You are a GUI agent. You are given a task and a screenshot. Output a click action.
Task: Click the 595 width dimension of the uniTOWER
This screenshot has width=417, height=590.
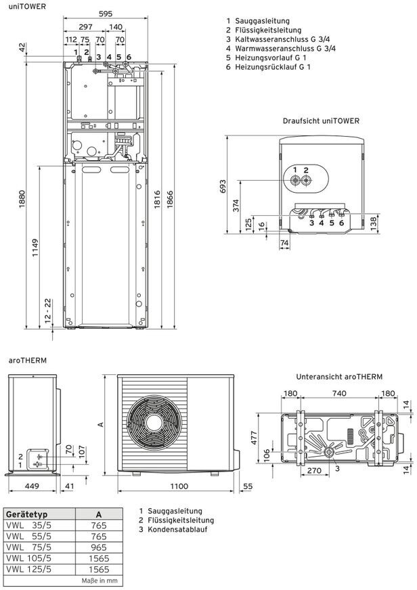click(106, 14)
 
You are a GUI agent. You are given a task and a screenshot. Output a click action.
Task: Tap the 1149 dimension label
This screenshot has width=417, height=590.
click(35, 248)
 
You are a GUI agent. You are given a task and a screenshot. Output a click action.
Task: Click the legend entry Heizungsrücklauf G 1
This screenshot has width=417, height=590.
click(268, 67)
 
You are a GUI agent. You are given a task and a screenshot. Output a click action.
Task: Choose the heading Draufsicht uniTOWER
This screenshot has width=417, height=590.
click(321, 121)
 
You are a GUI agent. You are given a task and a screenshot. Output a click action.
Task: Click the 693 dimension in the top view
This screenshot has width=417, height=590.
click(223, 187)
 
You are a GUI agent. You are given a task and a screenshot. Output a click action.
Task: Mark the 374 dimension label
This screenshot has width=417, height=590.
click(236, 206)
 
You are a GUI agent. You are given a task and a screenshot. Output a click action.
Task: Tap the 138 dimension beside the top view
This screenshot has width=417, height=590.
click(374, 223)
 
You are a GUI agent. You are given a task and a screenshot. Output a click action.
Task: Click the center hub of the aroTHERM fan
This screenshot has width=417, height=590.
click(154, 421)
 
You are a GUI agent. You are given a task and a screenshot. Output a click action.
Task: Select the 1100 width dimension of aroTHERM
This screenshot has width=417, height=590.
click(179, 486)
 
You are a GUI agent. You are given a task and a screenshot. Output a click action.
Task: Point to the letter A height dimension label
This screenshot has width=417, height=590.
click(100, 425)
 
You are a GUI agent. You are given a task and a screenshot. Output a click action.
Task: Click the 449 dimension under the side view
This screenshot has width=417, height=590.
click(32, 486)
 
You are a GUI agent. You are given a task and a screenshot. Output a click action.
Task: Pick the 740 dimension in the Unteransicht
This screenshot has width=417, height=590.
click(339, 393)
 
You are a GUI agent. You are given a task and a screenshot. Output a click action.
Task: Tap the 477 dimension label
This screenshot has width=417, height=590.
click(254, 438)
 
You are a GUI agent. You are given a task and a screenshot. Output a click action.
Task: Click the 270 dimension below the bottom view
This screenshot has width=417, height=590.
click(314, 470)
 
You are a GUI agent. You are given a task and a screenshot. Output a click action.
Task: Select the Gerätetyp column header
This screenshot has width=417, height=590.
click(26, 514)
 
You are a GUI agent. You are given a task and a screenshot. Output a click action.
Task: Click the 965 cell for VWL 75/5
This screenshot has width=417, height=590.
click(99, 547)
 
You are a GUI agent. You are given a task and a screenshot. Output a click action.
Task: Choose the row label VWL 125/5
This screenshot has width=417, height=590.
click(28, 569)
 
